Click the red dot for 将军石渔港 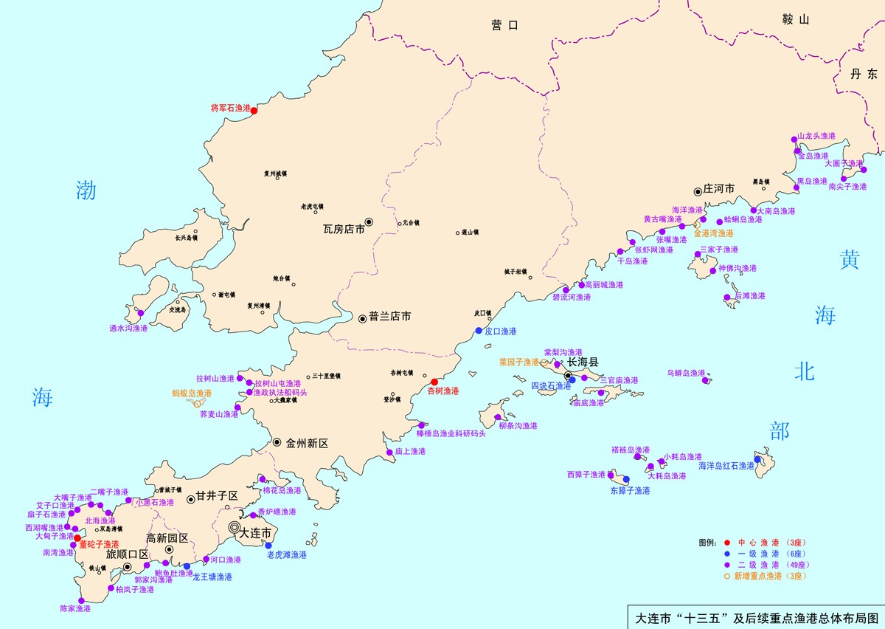[x=254, y=111]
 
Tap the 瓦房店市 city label [x=344, y=229]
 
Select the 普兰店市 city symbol [x=363, y=318]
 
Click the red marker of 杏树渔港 [x=434, y=382]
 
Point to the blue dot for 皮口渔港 [x=479, y=331]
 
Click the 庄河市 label [x=719, y=189]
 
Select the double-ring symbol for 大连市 [x=234, y=527]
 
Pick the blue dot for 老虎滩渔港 [x=268, y=546]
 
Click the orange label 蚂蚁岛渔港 [x=192, y=393]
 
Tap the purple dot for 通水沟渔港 [x=140, y=314]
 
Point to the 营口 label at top [x=505, y=25]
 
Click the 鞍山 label [x=796, y=20]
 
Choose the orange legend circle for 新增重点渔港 [x=726, y=576]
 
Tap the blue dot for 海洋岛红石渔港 [x=757, y=459]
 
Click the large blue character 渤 [x=87, y=190]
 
